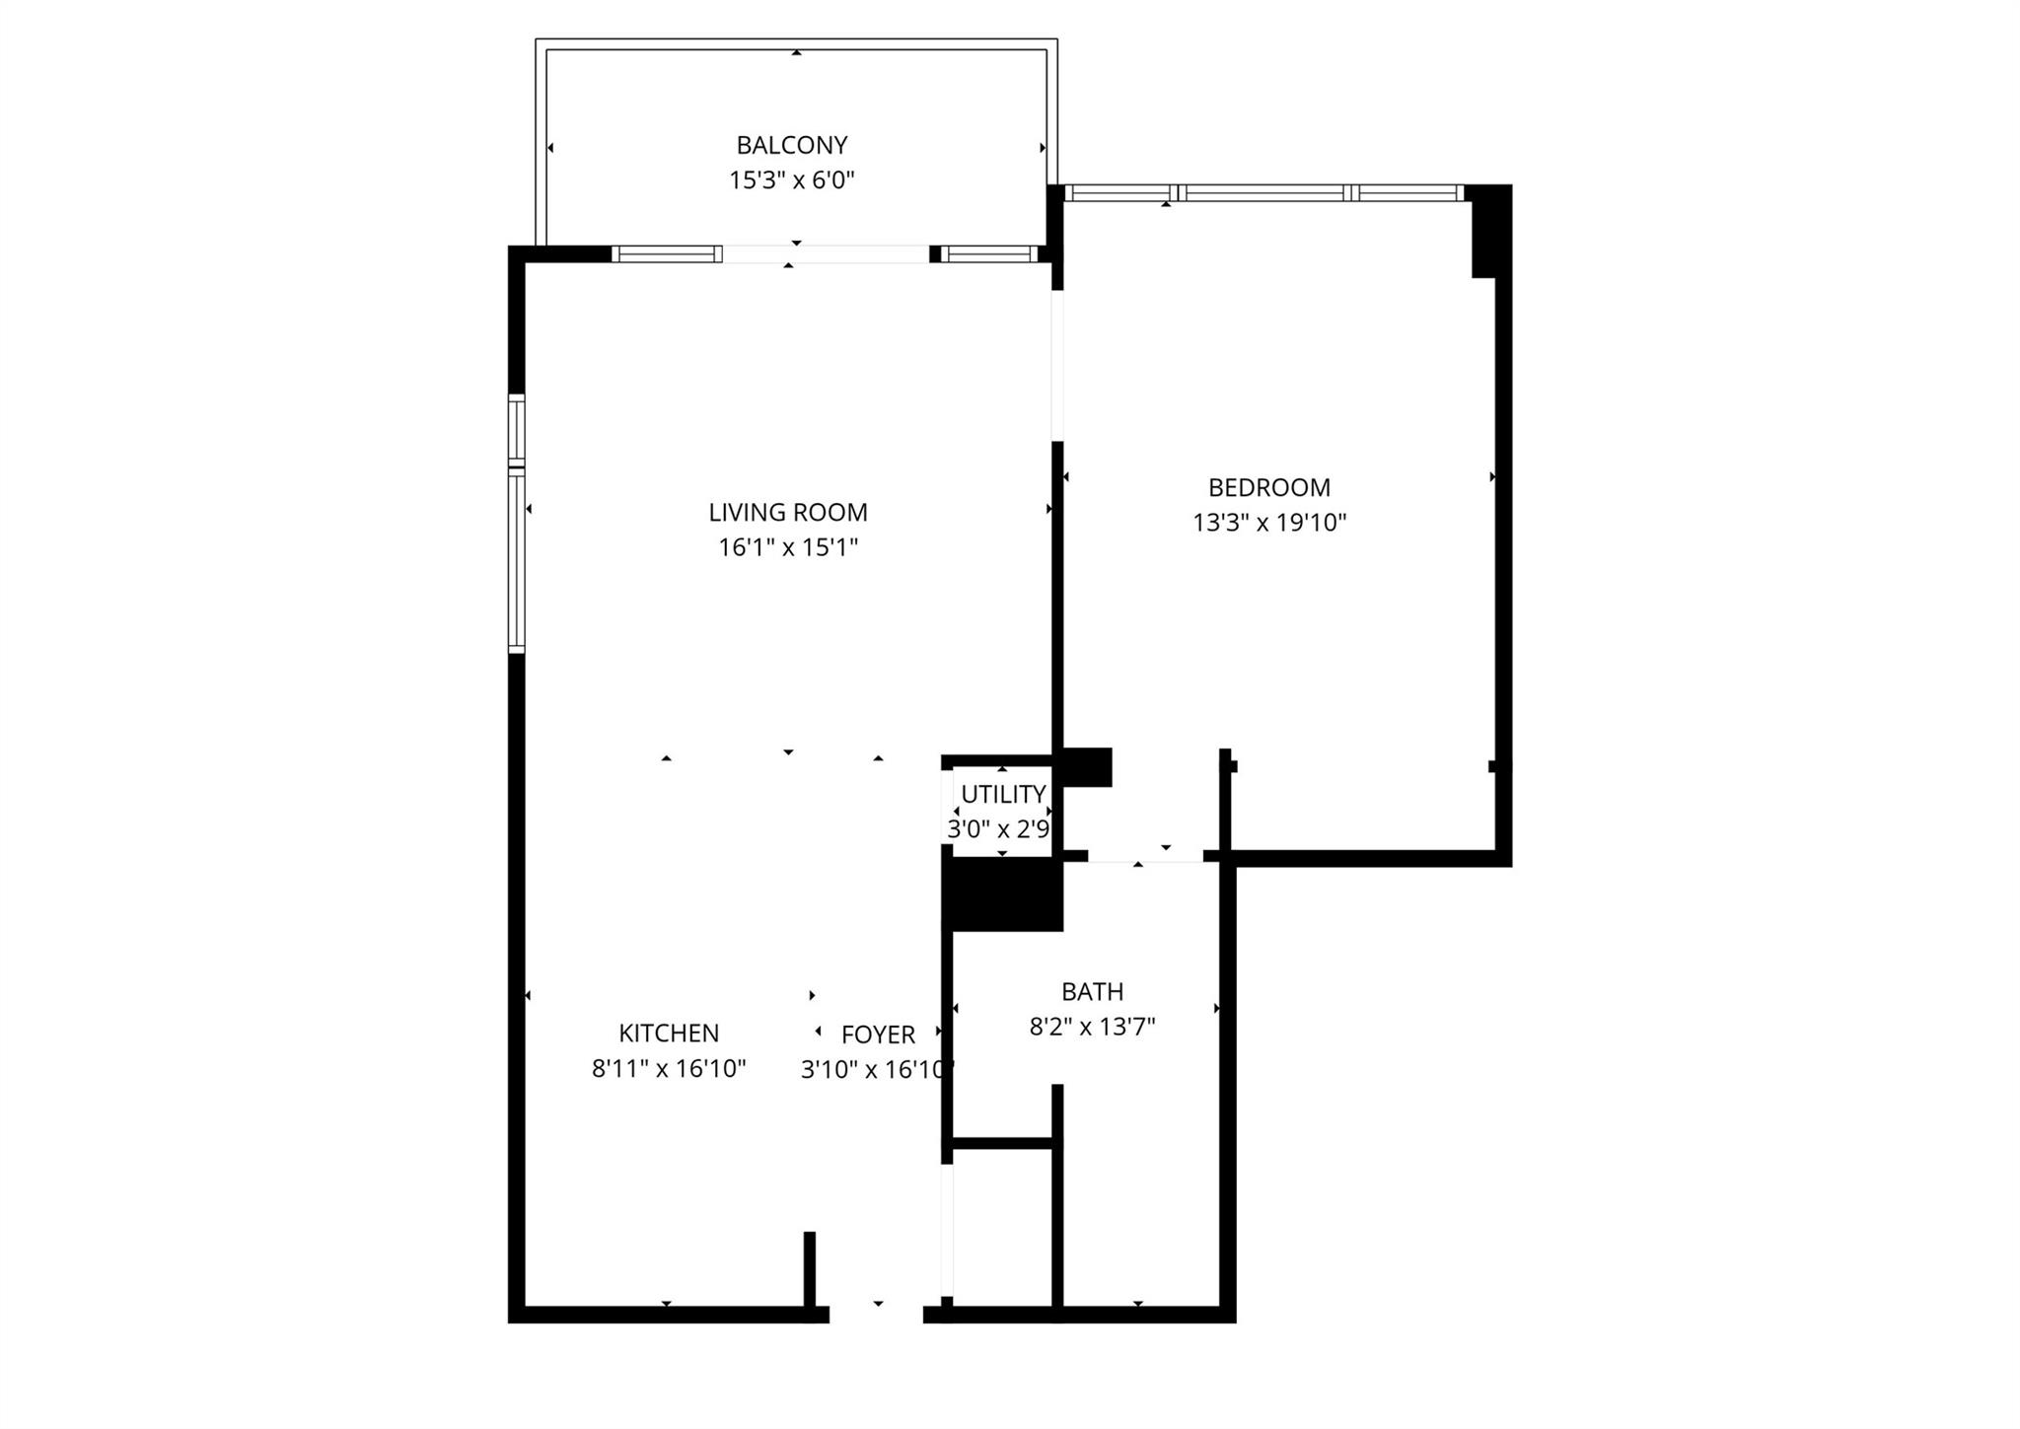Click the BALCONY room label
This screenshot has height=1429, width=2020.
click(x=791, y=145)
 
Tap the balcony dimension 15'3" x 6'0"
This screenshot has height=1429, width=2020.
click(x=791, y=180)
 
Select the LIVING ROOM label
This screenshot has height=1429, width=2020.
click(x=788, y=513)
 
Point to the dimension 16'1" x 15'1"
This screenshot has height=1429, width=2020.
click(x=788, y=547)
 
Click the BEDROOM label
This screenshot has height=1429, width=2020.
click(x=1269, y=487)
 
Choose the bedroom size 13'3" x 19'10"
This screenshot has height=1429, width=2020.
click(x=1269, y=523)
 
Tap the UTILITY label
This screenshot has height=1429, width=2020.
click(x=1003, y=794)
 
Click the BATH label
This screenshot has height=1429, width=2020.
click(x=1092, y=991)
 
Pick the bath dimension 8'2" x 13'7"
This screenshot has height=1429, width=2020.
click(x=1092, y=1027)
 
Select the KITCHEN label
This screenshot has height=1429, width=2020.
click(x=669, y=1033)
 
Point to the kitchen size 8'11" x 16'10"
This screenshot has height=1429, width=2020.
click(x=669, y=1068)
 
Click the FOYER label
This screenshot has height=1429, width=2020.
click(x=878, y=1035)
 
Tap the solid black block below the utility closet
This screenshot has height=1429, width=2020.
click(x=1003, y=894)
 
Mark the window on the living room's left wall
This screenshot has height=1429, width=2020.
click(x=516, y=523)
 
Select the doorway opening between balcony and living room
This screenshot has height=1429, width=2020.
click(x=827, y=254)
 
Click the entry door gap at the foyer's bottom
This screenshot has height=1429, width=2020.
click(x=876, y=1314)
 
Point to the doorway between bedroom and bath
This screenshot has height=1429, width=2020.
click(x=1145, y=856)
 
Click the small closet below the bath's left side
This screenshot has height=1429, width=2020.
click(x=1002, y=1228)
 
